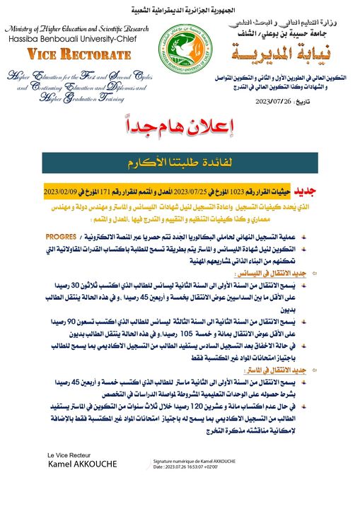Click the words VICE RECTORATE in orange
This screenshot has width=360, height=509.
[67, 53]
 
